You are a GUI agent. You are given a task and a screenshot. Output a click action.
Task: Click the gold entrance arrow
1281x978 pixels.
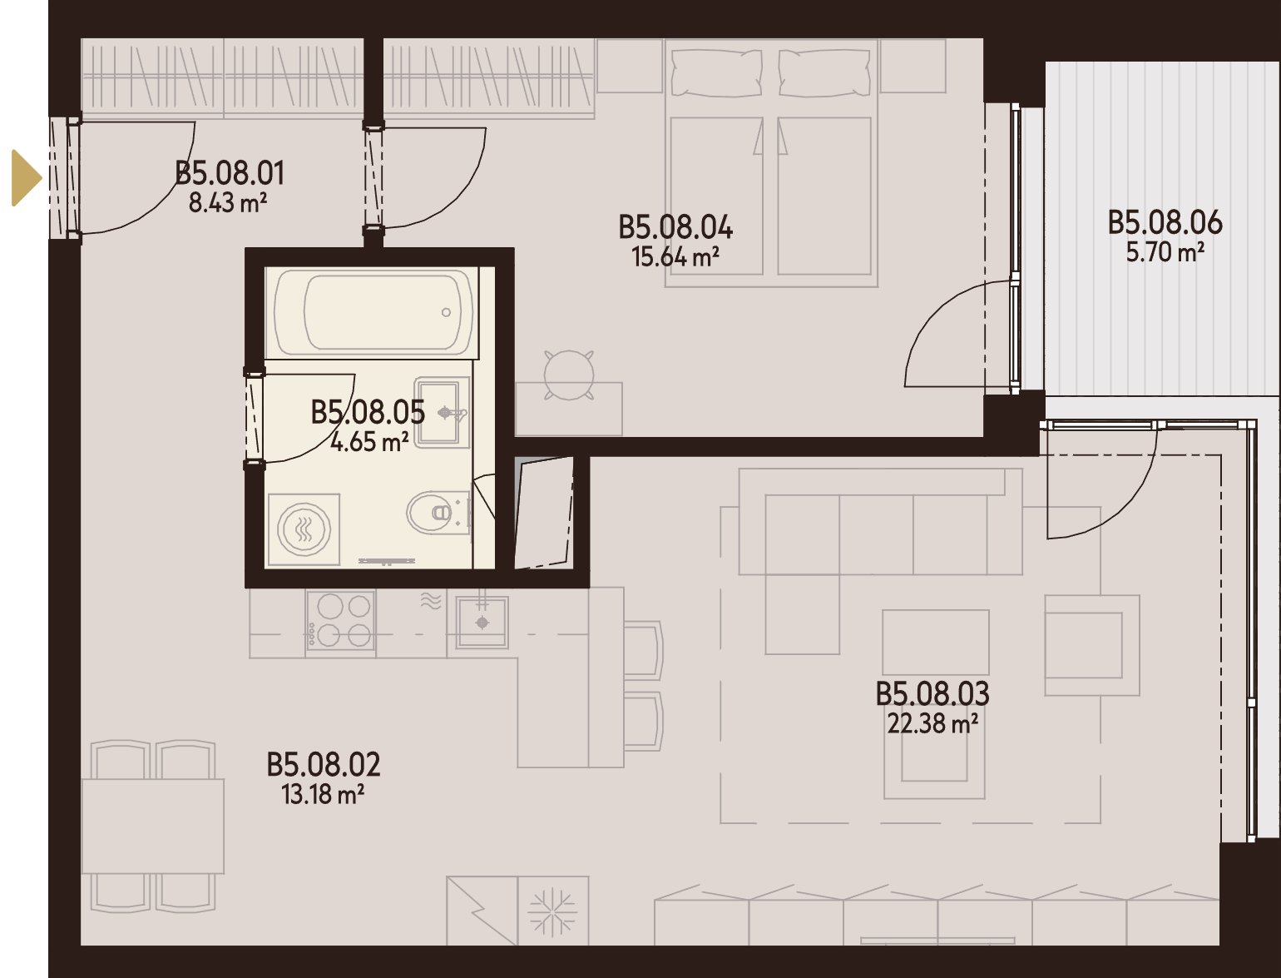(x=25, y=178)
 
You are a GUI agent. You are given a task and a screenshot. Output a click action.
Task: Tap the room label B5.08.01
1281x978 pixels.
(x=230, y=173)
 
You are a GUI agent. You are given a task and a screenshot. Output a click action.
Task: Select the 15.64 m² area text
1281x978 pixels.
(x=675, y=256)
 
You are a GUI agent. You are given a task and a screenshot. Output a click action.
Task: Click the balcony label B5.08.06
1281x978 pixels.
(x=1165, y=223)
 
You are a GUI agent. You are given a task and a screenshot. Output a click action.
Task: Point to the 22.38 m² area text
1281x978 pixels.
(x=932, y=723)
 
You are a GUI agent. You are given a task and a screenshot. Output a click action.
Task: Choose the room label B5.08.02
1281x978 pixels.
(x=324, y=765)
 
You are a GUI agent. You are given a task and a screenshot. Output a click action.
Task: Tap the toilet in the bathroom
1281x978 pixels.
(x=438, y=514)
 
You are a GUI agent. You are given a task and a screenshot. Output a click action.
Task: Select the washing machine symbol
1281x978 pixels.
(x=304, y=529)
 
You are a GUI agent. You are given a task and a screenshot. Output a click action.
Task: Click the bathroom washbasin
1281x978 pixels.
(x=441, y=412)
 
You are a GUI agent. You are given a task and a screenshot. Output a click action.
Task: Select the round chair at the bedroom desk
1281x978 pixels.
(x=569, y=375)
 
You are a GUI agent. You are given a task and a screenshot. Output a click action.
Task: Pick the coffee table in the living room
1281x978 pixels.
(x=936, y=643)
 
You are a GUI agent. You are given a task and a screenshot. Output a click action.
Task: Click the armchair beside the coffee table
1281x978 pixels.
(x=1092, y=645)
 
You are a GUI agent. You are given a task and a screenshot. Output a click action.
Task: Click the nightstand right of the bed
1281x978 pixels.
(x=913, y=66)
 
